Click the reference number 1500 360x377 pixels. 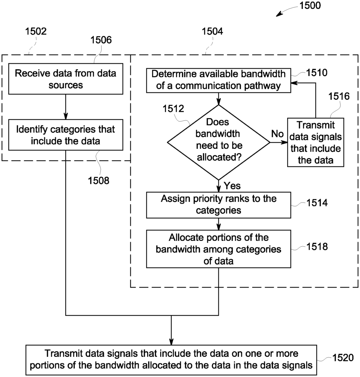point(310,5)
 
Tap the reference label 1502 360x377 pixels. point(36,31)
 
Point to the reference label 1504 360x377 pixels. point(212,31)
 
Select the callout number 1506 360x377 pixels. point(101,40)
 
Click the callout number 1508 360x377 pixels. point(99,180)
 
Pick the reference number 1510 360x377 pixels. point(317,73)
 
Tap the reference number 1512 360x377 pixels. point(173,109)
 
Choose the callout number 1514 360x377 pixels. point(317,203)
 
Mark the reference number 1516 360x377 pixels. point(339,96)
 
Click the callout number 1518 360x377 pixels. point(317,247)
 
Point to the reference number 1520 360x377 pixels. point(343,358)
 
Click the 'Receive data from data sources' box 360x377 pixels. point(66,79)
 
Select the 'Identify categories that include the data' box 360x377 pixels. point(66,135)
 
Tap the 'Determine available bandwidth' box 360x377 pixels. point(218,81)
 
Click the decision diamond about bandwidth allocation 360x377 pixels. point(218,142)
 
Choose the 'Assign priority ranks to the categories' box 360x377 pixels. point(218,205)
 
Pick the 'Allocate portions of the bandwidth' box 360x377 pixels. point(218,249)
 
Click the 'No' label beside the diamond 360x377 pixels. point(277,134)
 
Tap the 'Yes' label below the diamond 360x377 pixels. point(232,186)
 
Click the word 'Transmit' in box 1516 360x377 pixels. point(315,125)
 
